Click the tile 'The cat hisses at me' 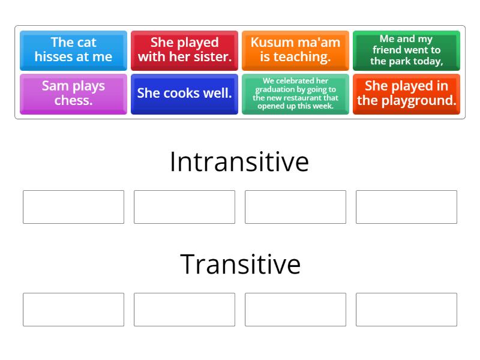pos(73,50)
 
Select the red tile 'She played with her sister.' pos(184,50)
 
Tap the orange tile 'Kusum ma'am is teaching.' pos(295,50)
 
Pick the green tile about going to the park pos(406,50)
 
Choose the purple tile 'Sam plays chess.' pos(73,93)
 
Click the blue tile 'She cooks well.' pos(184,93)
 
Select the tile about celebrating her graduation pos(295,93)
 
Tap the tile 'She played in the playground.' pos(406,93)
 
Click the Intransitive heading pos(239,161)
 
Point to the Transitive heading pos(240,264)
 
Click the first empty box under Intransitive pos(73,207)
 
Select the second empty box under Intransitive pos(184,207)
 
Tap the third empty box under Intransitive pos(295,207)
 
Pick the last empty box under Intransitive pos(406,207)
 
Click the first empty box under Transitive pos(73,310)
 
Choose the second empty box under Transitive pos(184,310)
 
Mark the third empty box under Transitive pos(295,310)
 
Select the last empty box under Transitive pos(406,310)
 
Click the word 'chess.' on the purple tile pos(73,100)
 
